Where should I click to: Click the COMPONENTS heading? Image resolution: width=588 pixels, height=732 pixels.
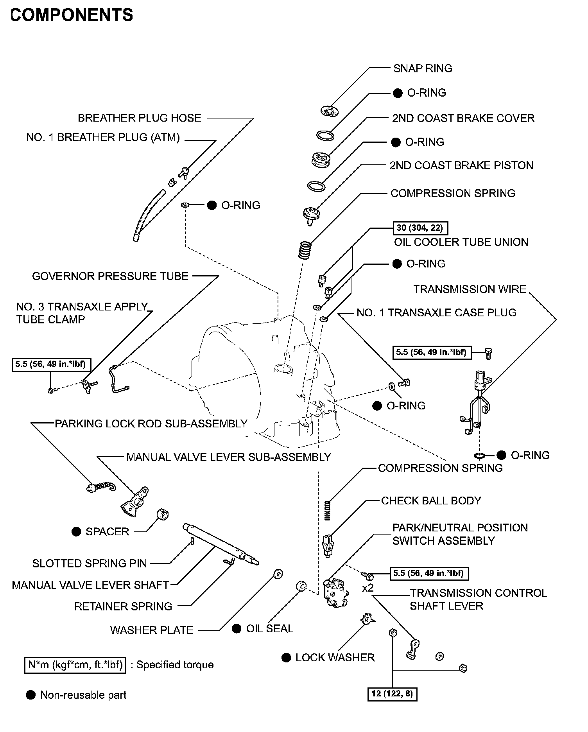point(72,15)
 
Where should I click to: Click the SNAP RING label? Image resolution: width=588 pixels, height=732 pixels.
point(423,68)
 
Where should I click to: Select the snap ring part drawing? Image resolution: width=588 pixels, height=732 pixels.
point(329,111)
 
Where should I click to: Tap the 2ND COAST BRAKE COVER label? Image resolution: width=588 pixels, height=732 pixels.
point(463,118)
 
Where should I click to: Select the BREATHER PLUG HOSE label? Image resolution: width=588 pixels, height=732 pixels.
point(139,118)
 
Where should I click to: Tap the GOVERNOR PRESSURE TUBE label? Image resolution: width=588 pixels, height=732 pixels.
point(110,276)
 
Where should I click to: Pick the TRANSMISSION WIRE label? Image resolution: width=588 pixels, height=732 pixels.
point(470,289)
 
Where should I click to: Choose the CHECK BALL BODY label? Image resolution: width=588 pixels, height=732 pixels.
point(431,501)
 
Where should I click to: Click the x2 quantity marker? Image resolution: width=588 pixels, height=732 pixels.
point(367,588)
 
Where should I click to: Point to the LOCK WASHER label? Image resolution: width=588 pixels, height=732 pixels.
point(335,658)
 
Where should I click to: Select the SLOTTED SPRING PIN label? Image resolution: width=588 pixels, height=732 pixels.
point(90,563)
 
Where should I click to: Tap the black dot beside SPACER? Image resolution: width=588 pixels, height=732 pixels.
point(76,532)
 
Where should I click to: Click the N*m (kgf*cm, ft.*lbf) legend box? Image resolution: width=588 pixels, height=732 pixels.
point(75,665)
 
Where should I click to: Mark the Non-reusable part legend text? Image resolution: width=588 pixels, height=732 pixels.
point(83,695)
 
